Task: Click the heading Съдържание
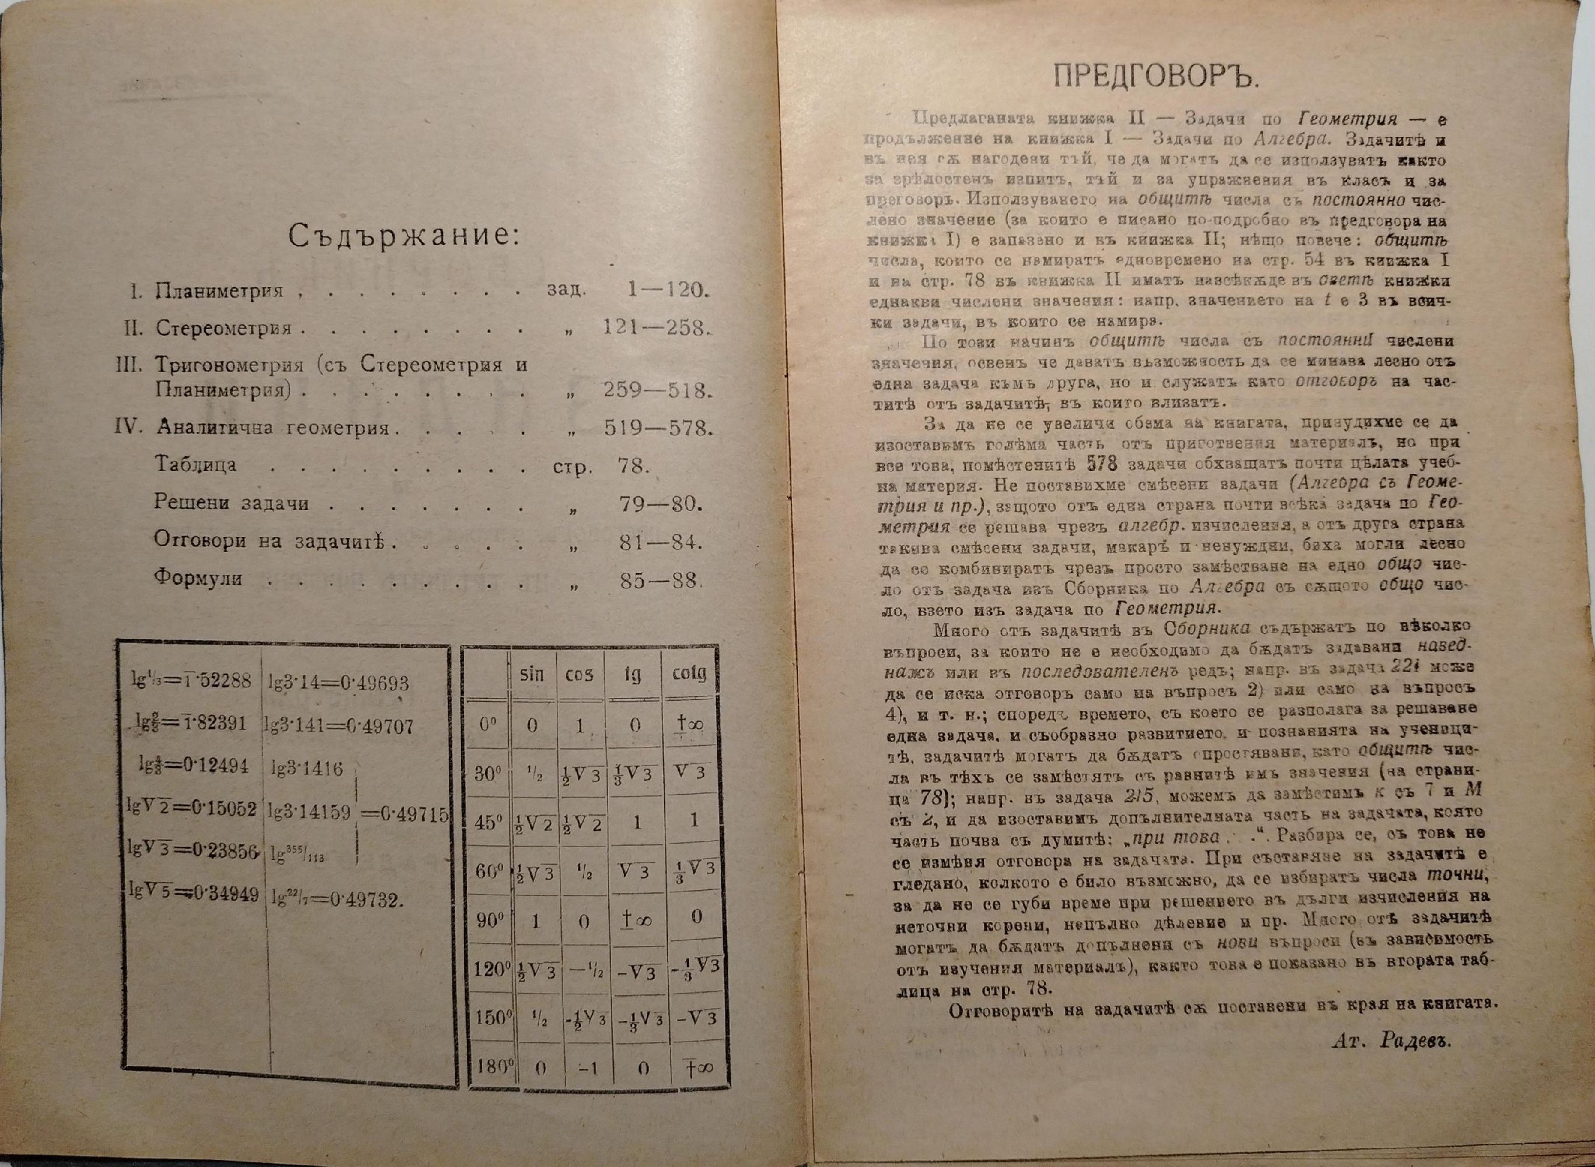point(403,236)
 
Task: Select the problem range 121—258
point(655,329)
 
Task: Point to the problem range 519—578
point(656,428)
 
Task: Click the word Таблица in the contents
point(196,465)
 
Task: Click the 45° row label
point(487,822)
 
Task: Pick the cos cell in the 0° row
point(581,725)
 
